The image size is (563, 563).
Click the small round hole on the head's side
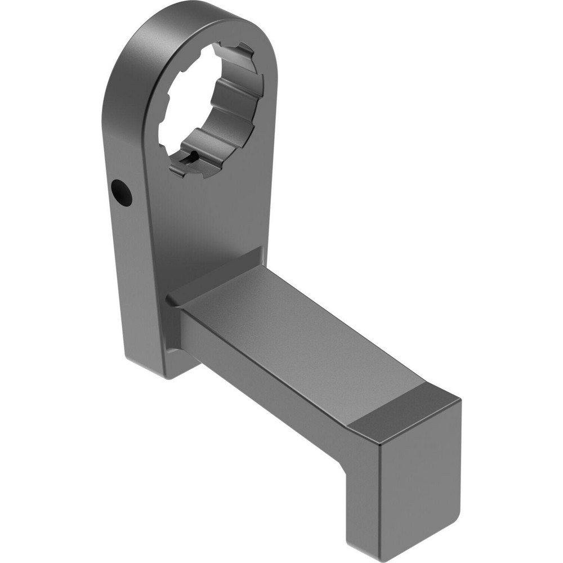tap(122, 193)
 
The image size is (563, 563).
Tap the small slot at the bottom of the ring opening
tap(190, 158)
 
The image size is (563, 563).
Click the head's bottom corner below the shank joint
tap(169, 372)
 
